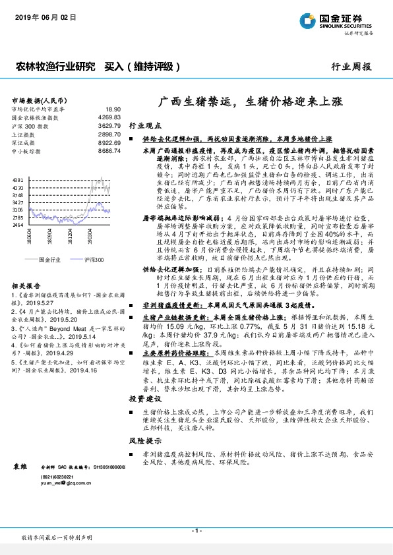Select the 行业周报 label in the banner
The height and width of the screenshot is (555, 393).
click(351, 67)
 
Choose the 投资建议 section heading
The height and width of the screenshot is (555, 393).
click(144, 399)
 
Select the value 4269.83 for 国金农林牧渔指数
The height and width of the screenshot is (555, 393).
click(109, 117)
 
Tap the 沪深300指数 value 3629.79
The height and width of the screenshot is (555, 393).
click(109, 125)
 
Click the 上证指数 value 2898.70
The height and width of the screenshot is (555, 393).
click(109, 134)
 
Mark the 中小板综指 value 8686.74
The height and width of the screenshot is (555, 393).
click(109, 151)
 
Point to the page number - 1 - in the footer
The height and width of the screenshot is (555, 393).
click(196, 531)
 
